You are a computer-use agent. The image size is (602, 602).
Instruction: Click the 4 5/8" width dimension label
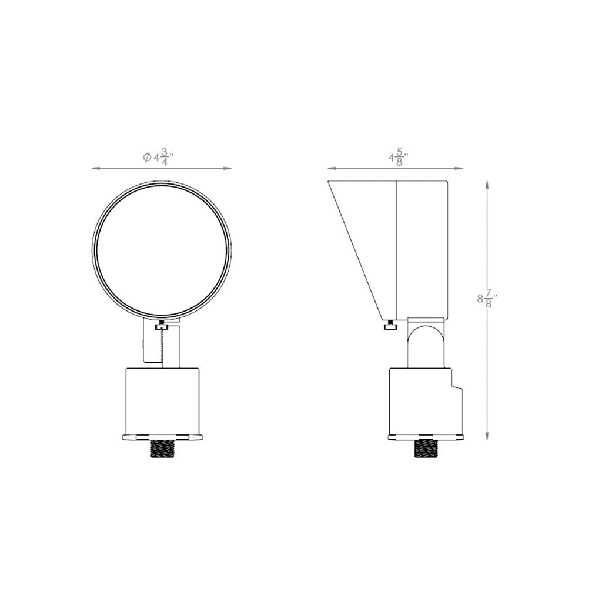tap(398, 158)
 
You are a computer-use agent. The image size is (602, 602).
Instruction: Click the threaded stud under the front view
tap(162, 449)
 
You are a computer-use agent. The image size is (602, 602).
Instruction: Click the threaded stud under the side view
tap(426, 449)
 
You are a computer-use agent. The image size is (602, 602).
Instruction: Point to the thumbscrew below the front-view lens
tap(162, 327)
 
